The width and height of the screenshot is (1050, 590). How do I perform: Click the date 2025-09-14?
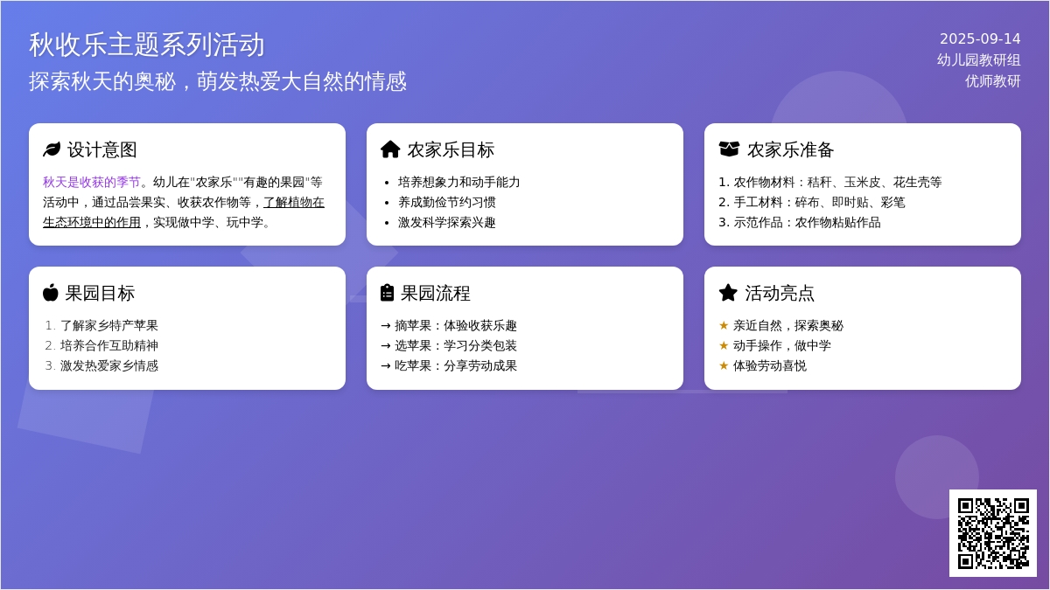click(x=980, y=38)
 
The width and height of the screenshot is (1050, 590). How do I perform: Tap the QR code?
click(x=993, y=533)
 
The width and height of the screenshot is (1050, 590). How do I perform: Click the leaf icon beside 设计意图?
click(x=52, y=149)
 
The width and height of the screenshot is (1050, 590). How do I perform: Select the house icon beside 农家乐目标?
click(x=390, y=149)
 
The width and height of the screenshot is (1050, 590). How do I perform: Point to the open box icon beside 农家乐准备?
click(x=729, y=149)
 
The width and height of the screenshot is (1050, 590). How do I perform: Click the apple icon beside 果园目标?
click(x=51, y=293)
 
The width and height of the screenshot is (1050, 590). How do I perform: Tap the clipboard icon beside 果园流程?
click(x=387, y=293)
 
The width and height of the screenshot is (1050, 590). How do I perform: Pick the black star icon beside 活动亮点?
click(x=728, y=293)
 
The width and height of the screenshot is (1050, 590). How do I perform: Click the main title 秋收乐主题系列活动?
click(x=147, y=45)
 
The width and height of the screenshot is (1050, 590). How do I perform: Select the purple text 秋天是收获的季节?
click(x=92, y=182)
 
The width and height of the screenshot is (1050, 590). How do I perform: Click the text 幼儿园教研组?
click(x=979, y=60)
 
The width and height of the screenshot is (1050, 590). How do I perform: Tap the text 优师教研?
click(x=993, y=81)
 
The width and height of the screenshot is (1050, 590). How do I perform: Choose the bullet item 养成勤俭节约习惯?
click(x=447, y=202)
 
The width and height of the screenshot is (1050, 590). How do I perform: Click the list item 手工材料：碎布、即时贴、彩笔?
click(x=811, y=202)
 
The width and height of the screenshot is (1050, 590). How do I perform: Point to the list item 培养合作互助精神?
click(x=109, y=345)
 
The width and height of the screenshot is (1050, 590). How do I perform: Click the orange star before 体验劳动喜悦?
click(x=724, y=365)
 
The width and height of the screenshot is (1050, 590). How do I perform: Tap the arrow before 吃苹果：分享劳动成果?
click(x=386, y=365)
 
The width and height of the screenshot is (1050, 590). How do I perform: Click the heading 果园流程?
click(x=436, y=293)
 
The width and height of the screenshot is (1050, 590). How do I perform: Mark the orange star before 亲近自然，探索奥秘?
click(x=724, y=325)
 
